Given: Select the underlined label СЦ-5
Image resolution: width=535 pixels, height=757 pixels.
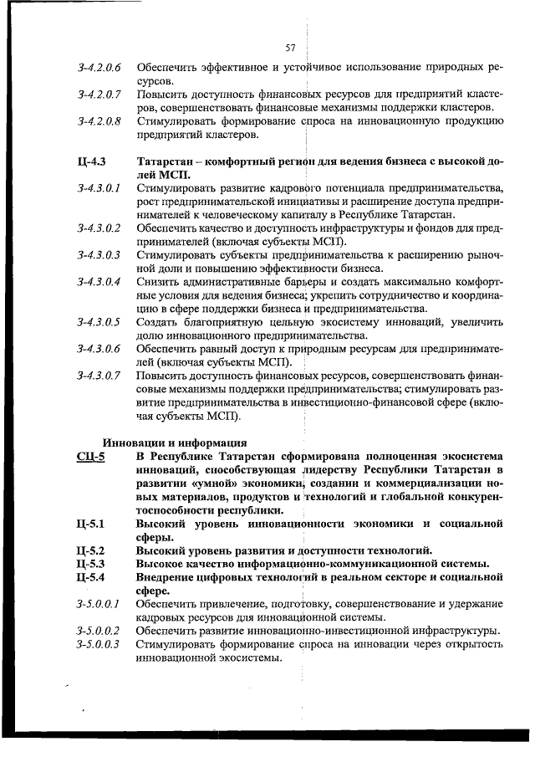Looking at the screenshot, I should pos(89,457).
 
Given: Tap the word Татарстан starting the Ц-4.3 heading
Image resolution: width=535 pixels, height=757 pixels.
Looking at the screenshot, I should pos(167,161).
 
